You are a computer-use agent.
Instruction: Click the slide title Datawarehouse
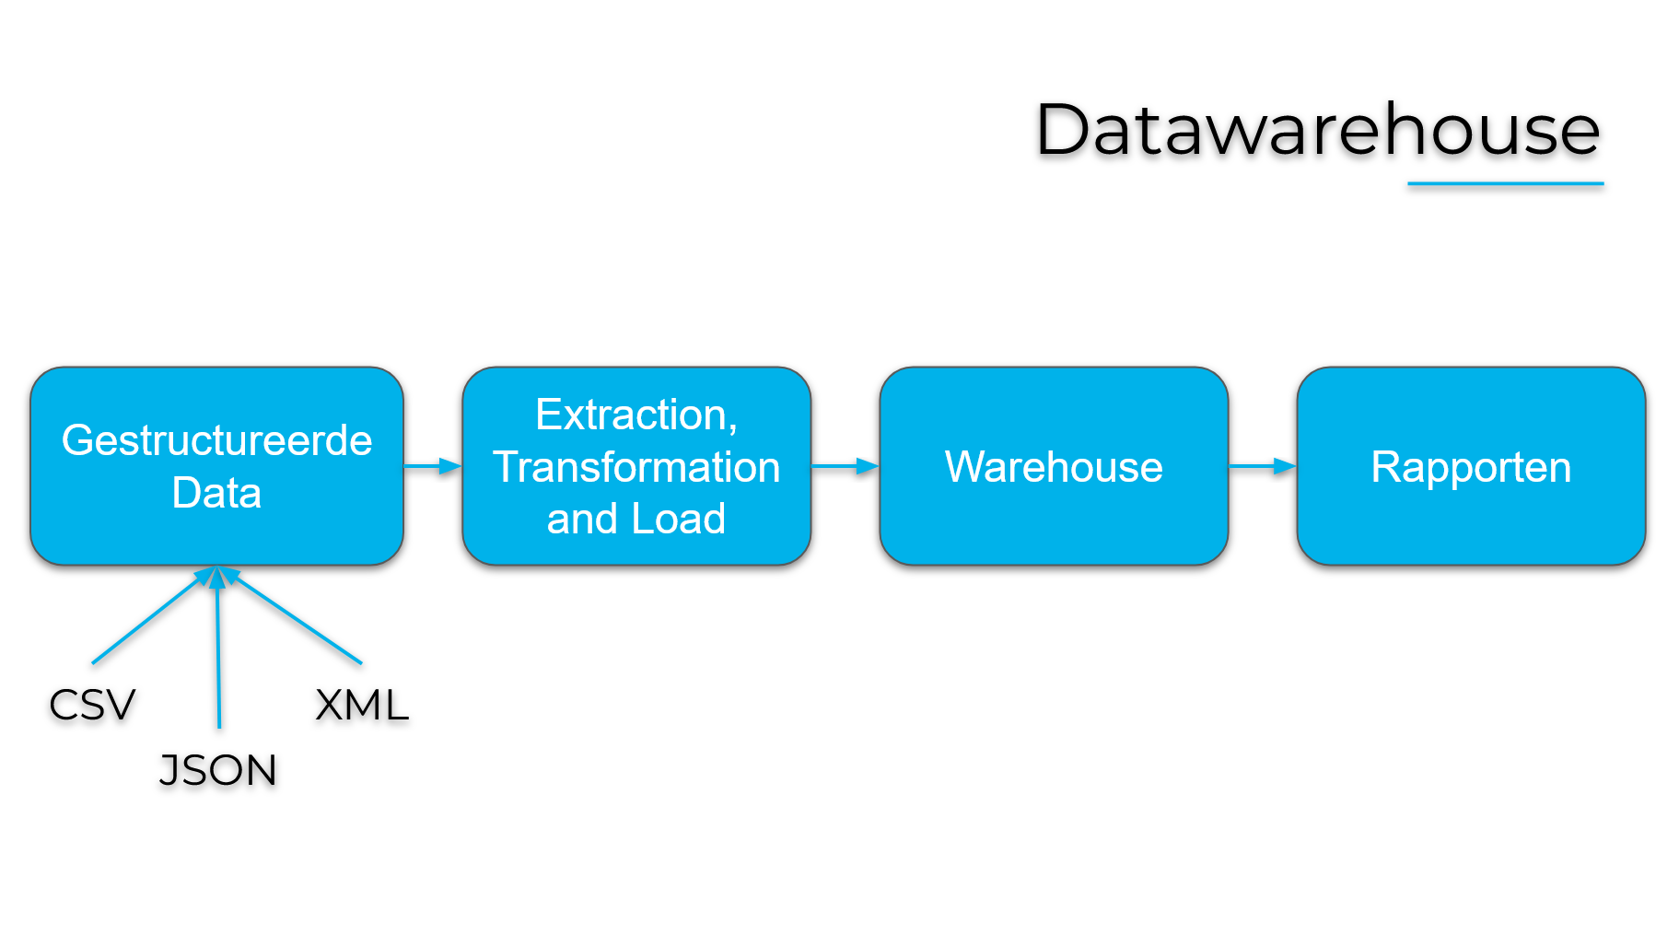pos(1317,131)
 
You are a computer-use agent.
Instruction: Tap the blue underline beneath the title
pos(1505,184)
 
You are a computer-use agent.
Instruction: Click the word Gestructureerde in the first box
pos(216,440)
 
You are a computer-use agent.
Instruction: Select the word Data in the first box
pos(216,493)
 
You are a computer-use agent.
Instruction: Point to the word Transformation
pos(636,467)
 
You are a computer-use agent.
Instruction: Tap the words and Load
pos(636,519)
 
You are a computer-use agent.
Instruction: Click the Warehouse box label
pos(1054,467)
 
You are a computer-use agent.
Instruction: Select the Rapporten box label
pos(1471,467)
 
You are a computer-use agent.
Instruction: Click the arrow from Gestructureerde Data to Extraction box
pos(433,466)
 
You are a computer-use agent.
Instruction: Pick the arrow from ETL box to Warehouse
pos(845,466)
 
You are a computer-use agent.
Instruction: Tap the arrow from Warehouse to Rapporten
pos(1262,466)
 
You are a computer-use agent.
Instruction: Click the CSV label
pos(92,706)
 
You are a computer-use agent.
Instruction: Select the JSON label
pos(218,771)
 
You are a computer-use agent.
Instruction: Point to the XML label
pos(362,706)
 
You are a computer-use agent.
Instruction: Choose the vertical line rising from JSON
pos(218,654)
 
